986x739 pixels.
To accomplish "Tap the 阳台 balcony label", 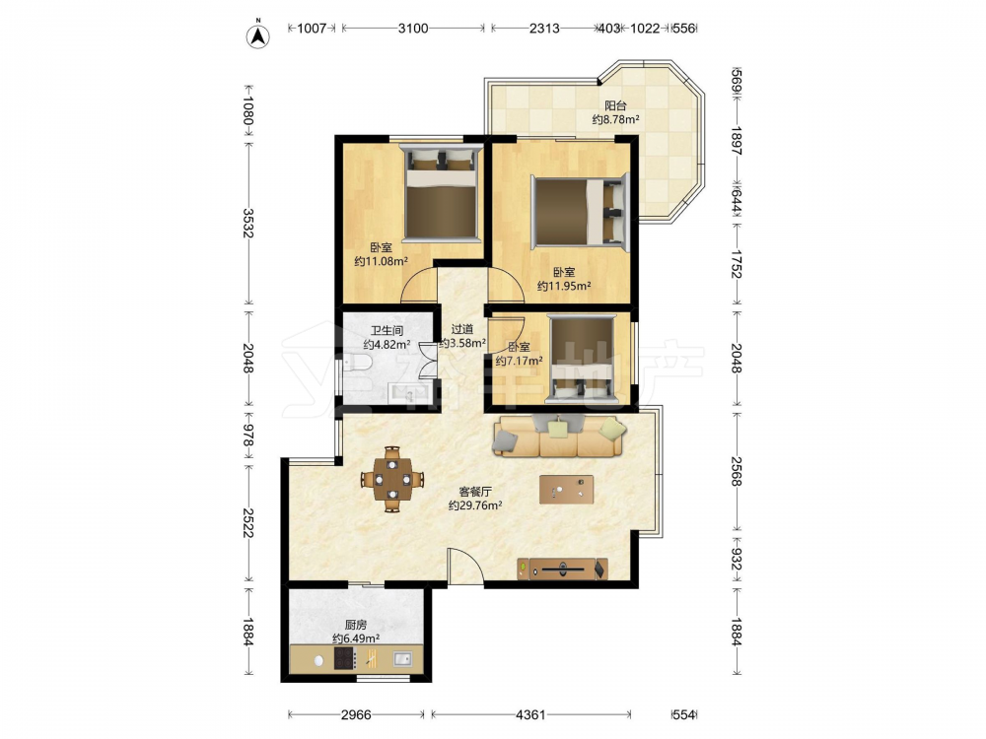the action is point(615,105).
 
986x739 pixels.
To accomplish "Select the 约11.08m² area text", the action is point(381,261).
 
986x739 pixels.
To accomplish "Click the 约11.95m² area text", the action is point(564,286).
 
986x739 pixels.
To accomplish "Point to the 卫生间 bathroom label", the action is point(387,330).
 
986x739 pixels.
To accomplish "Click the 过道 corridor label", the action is point(462,329).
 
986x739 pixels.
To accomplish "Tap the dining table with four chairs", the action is point(391,480).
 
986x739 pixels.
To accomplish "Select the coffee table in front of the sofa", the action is point(566,490).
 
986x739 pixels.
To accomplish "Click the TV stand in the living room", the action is point(563,569).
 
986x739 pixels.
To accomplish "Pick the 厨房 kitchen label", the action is point(356,625).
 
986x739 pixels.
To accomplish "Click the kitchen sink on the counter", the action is point(402,659).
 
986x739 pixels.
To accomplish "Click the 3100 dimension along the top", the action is point(412,29).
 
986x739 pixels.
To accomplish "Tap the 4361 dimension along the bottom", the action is point(530,714).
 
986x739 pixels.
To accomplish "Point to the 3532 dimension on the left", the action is point(247,223).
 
